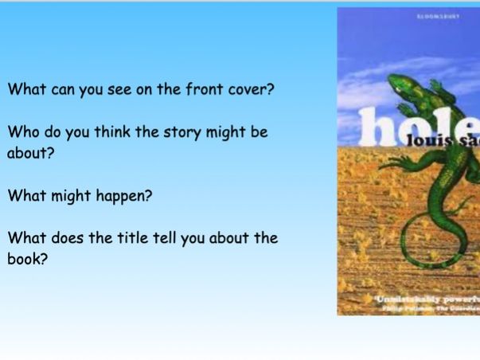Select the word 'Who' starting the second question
point(22,132)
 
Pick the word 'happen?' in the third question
point(124,196)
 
